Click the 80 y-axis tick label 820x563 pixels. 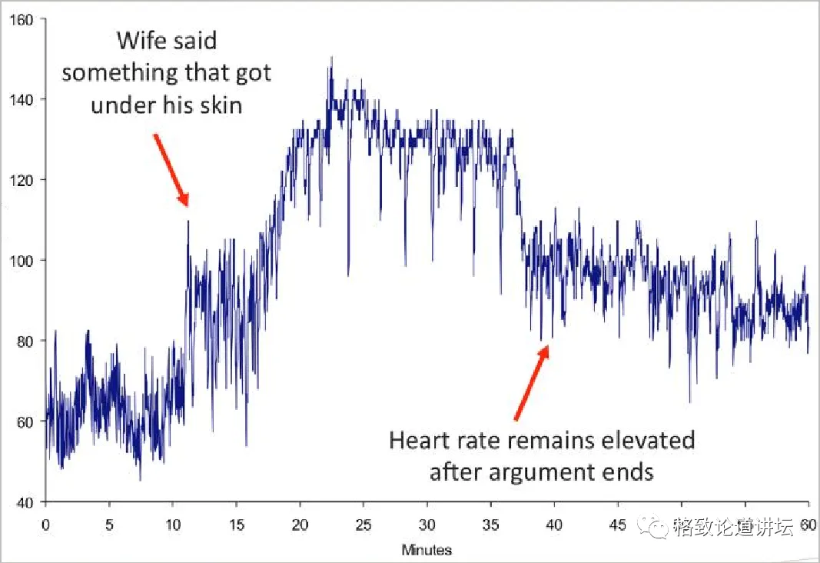pos(26,341)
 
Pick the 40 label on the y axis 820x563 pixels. pos(26,502)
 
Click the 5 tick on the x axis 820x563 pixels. pos(109,526)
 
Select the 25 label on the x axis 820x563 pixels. pos(364,526)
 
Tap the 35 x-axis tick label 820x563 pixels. pos(490,526)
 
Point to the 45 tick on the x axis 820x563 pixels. pos(618,526)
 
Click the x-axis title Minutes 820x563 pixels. pos(427,550)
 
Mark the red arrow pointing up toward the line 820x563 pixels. pos(531,382)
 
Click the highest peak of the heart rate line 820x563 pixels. pos(331,58)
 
